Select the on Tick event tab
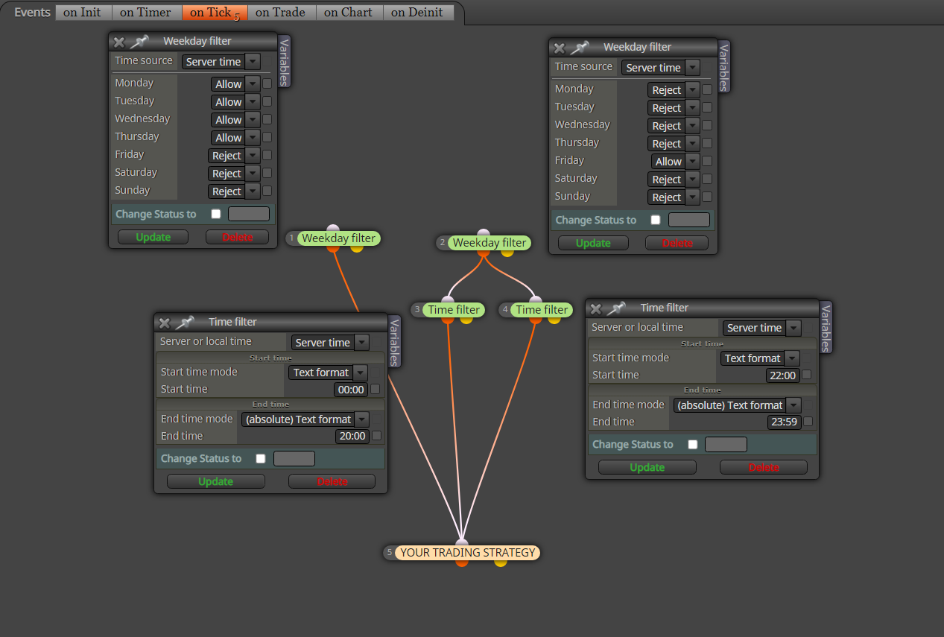click(215, 12)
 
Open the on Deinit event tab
click(418, 12)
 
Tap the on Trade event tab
click(281, 12)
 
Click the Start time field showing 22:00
click(782, 375)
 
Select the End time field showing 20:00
click(352, 436)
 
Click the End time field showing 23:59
click(783, 422)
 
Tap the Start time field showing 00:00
click(351, 390)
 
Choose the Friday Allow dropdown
click(675, 162)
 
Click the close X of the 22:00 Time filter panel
click(596, 308)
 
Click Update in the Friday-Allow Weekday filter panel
click(593, 243)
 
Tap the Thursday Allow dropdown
click(235, 138)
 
